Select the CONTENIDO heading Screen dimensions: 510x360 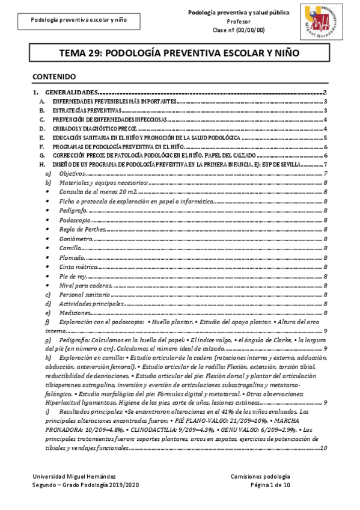pos(53,77)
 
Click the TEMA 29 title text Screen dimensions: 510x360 pos(178,54)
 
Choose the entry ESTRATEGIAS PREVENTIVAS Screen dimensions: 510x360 pos(87,111)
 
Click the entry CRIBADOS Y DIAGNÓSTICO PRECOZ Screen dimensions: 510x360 pos(96,129)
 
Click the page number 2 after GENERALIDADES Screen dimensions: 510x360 pos(324,93)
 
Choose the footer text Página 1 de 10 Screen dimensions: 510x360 pos(270,484)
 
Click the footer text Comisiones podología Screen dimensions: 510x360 pos(260,476)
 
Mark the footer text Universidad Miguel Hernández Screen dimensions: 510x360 pos(66,476)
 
